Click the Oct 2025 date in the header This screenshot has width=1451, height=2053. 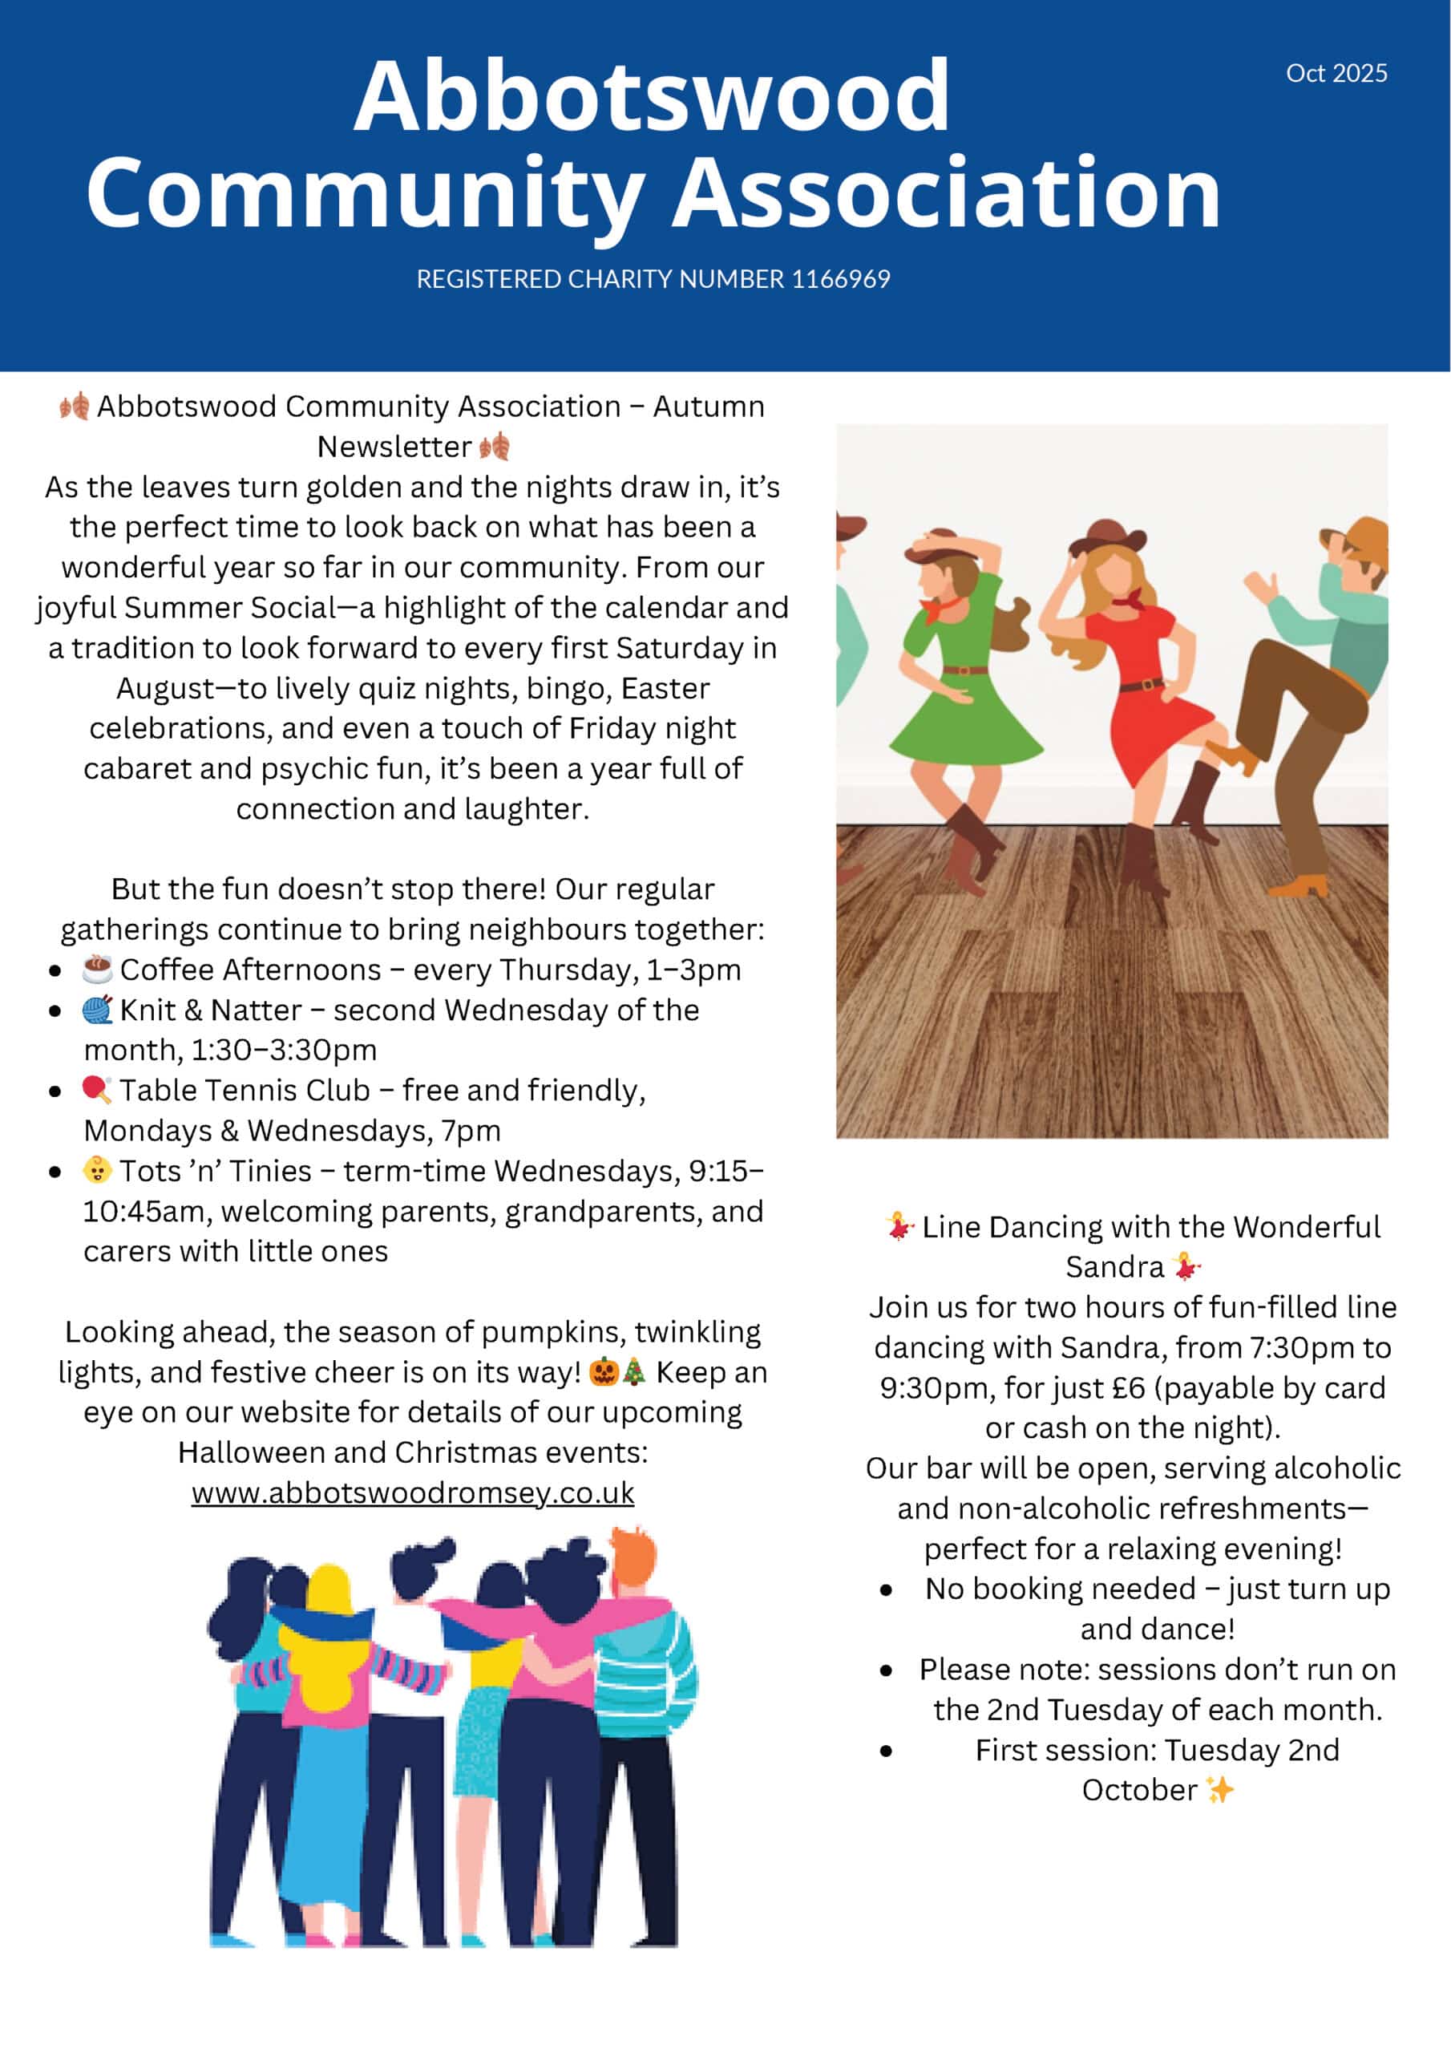click(x=1336, y=73)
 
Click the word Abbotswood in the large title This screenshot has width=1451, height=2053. click(x=652, y=96)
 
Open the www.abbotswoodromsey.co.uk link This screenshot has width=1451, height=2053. click(x=412, y=1492)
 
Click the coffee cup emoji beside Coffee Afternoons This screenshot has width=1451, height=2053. click(x=96, y=969)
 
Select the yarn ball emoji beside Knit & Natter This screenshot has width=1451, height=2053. click(x=96, y=1010)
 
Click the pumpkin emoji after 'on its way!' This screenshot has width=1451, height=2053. click(x=604, y=1371)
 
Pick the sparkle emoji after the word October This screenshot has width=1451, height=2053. click(x=1219, y=1789)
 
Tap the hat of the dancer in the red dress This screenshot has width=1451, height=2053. click(x=1106, y=536)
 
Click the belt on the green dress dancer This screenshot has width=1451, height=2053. click(x=964, y=670)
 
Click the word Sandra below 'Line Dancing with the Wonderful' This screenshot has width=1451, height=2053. click(x=1114, y=1267)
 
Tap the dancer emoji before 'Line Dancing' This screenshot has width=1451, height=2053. click(x=900, y=1226)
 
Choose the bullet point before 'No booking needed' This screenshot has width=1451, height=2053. click(x=886, y=1589)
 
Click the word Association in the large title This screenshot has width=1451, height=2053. click(x=946, y=193)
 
